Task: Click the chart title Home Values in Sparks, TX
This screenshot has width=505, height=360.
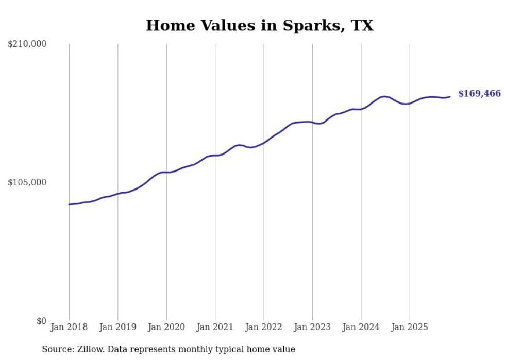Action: [x=259, y=25]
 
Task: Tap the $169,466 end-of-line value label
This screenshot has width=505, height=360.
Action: [x=479, y=94]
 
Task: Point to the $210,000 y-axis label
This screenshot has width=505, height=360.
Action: [x=27, y=44]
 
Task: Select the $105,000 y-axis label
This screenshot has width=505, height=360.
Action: [x=27, y=182]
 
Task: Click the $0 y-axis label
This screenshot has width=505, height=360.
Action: [x=41, y=321]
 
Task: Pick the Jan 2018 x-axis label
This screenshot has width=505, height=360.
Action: [x=69, y=327]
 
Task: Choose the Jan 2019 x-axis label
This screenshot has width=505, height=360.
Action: [x=118, y=327]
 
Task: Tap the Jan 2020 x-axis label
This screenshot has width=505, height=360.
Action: [x=166, y=327]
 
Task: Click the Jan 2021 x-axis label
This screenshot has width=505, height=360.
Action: [x=215, y=327]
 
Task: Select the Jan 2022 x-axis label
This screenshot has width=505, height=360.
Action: [x=264, y=327]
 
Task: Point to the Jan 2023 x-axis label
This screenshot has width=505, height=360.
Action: [x=312, y=327]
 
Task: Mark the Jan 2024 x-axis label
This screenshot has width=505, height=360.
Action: [x=361, y=327]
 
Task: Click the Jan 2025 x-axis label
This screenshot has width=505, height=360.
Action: [x=410, y=327]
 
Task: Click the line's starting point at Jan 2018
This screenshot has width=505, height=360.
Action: [x=69, y=204]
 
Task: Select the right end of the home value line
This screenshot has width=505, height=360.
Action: [x=450, y=96]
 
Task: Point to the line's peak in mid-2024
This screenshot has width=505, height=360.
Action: [x=384, y=96]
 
